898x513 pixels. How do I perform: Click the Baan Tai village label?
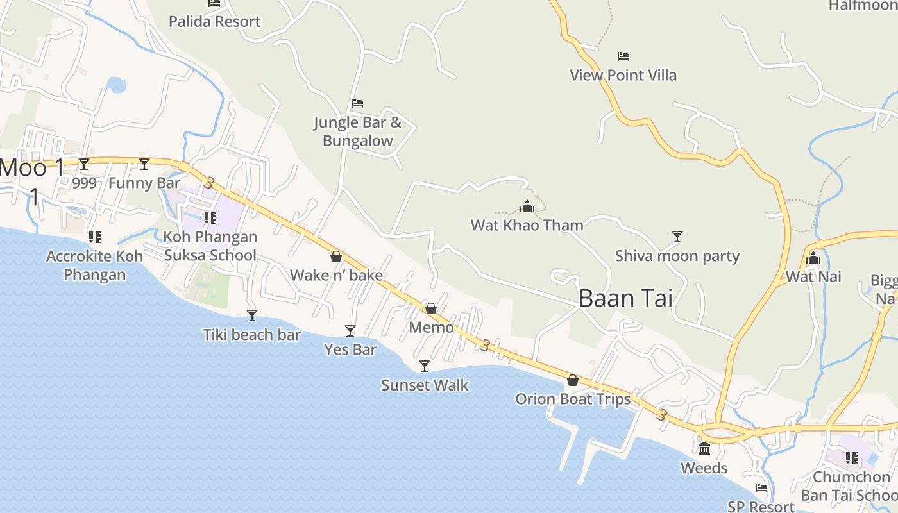coord(625,299)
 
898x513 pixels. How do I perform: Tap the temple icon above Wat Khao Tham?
coord(527,206)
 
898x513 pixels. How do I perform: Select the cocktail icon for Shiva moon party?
coord(677,237)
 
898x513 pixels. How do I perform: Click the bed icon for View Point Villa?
coord(623,56)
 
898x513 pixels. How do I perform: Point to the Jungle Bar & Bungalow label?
coord(357,131)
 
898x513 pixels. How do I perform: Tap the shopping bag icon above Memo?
coord(431,308)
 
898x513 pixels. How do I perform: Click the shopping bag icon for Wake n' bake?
coord(335,257)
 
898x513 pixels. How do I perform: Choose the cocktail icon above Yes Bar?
coord(350,331)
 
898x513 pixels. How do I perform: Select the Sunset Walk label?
coord(425,385)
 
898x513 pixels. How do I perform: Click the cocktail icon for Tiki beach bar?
coord(252,315)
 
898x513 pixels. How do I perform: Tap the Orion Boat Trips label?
coord(573,399)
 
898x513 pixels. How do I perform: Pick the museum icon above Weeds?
coord(704,448)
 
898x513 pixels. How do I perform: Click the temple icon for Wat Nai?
coord(813,258)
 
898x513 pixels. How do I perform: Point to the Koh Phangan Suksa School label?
coord(210,246)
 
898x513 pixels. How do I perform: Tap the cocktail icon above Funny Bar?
coord(144,164)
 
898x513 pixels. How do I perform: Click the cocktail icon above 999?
coord(84,164)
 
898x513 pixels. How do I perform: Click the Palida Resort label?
coord(214,22)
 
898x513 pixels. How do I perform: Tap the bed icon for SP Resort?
coord(761,488)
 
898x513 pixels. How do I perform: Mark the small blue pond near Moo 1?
coord(116,85)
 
